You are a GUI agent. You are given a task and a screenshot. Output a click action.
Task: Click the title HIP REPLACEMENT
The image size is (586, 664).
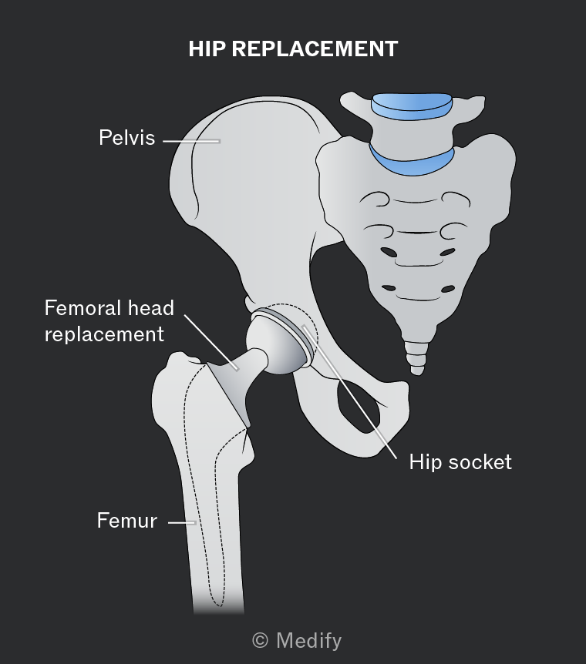click(x=293, y=49)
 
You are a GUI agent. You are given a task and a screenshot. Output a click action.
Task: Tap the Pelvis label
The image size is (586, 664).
click(x=126, y=138)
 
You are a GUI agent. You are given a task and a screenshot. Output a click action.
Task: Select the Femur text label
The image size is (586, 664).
click(x=126, y=521)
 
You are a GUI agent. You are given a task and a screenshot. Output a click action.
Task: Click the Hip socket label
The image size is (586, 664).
click(x=460, y=462)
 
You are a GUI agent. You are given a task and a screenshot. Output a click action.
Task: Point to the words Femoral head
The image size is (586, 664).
click(x=109, y=308)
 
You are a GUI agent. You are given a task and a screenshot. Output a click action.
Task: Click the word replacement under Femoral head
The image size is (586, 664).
click(x=104, y=334)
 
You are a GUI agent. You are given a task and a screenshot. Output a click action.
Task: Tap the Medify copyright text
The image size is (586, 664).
click(x=297, y=641)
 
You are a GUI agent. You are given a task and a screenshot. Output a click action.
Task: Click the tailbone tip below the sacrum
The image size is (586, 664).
click(x=417, y=372)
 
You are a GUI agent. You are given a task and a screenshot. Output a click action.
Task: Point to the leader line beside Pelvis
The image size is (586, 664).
click(x=192, y=141)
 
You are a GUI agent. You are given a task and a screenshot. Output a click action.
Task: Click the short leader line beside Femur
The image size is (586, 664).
click(x=182, y=523)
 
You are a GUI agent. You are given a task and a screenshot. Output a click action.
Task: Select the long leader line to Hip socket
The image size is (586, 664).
click(x=349, y=392)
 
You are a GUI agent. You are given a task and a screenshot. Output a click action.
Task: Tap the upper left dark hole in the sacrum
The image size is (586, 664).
click(x=389, y=253)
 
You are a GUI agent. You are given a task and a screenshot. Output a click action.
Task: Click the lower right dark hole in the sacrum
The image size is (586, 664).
click(x=448, y=289)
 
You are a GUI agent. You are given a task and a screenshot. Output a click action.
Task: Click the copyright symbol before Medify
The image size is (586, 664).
click(x=261, y=641)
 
